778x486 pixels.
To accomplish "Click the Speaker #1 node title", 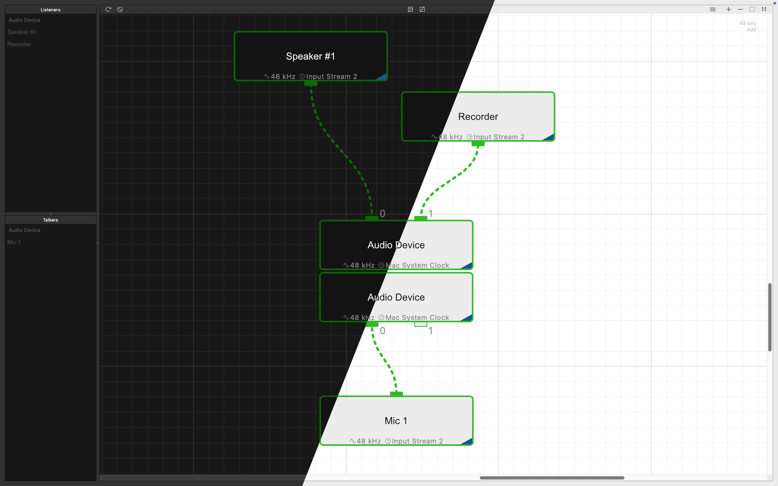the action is point(310,56).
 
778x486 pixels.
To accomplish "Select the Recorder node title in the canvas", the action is point(478,117).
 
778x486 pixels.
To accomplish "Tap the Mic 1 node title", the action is point(396,421).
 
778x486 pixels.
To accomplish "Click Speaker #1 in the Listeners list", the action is point(22,32).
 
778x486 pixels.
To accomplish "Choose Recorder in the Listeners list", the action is point(19,44).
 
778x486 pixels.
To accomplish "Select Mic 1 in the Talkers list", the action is point(14,242).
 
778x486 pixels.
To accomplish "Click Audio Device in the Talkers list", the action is point(24,230).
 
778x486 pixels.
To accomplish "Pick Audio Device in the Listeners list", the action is point(24,20).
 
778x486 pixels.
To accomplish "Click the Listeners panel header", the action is point(50,10).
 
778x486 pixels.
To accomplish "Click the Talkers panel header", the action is point(50,220).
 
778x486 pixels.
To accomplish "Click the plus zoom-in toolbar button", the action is point(728,9).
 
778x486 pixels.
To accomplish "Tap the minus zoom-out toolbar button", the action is point(740,9).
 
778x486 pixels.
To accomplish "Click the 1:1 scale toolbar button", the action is point(764,9).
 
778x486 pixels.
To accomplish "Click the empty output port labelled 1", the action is point(421,324).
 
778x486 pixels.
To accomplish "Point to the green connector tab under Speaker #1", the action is point(311,83).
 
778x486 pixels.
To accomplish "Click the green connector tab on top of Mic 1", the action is point(396,394).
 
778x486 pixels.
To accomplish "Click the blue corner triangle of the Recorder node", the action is point(549,137).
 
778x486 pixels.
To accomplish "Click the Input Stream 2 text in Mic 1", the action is point(418,441).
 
